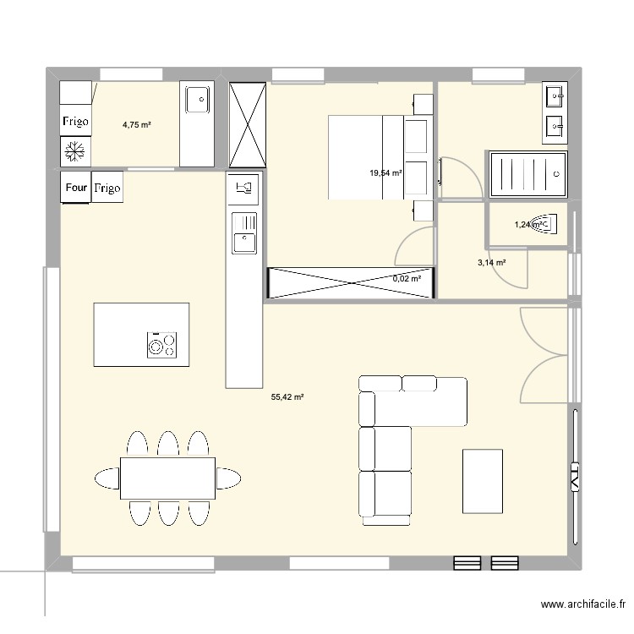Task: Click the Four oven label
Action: [75, 188]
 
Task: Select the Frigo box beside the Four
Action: [107, 188]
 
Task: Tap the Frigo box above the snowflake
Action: [75, 121]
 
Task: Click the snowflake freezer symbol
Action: [75, 152]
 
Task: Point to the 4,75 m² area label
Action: [137, 125]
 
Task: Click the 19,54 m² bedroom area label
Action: [385, 173]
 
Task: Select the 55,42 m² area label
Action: [287, 396]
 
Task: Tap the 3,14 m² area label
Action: [491, 263]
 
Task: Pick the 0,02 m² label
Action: [407, 277]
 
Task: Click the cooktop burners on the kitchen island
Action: [161, 344]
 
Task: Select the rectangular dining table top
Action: [167, 478]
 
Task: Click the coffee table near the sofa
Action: [483, 480]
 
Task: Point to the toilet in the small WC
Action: [549, 225]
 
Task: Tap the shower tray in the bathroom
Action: [527, 174]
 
